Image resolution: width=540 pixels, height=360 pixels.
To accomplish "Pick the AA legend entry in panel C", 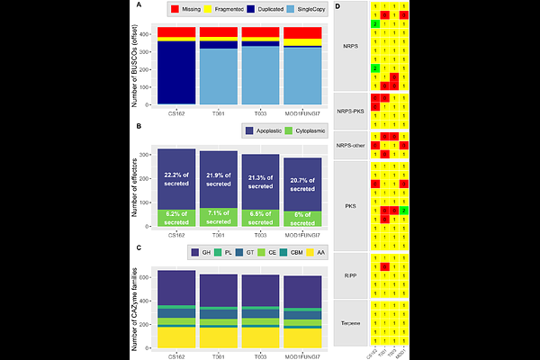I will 318,251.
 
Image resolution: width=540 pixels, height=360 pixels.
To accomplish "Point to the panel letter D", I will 337,6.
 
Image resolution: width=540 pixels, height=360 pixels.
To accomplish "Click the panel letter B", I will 137,127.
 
